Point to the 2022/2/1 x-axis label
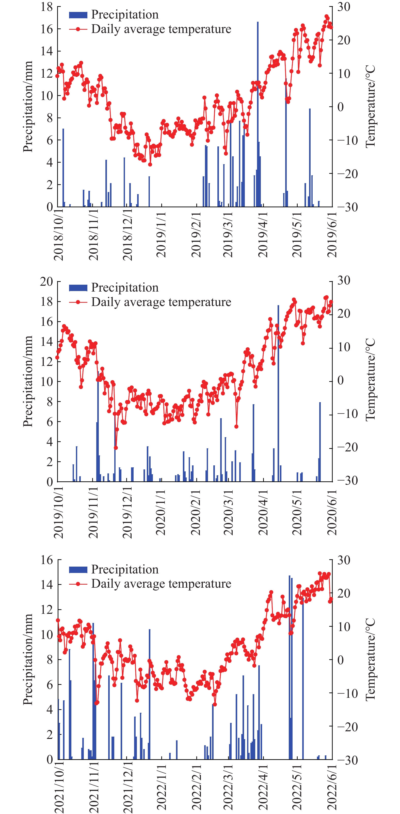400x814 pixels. pyautogui.click(x=196, y=789)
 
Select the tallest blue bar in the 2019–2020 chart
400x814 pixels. pyautogui.click(x=278, y=393)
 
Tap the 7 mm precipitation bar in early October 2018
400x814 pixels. pyautogui.click(x=63, y=167)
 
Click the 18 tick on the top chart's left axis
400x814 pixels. pyautogui.click(x=46, y=7)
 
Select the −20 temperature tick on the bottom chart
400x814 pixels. pyautogui.click(x=347, y=727)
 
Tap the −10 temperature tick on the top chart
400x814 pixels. pyautogui.click(x=347, y=140)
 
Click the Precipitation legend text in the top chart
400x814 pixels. pyautogui.click(x=125, y=14)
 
